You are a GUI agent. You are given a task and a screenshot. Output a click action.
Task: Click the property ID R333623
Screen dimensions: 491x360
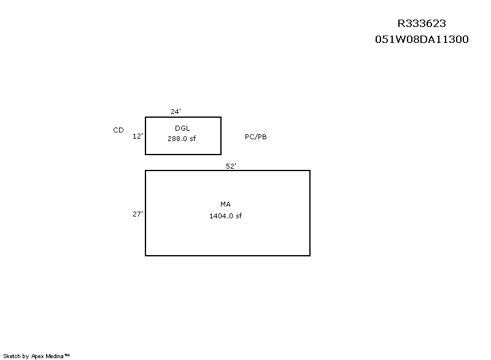(x=422, y=23)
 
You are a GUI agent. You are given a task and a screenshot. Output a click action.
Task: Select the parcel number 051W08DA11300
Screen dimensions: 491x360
(x=422, y=39)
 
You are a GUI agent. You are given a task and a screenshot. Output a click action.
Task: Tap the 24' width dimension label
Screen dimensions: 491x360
(x=176, y=112)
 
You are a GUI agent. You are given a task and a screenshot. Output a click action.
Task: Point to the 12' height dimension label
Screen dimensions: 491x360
(x=137, y=136)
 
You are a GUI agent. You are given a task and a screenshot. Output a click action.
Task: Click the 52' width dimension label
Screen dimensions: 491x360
(x=231, y=166)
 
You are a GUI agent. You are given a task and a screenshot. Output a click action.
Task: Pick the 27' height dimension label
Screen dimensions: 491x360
(x=137, y=214)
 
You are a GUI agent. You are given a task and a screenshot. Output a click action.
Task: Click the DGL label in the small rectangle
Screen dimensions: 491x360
(x=182, y=128)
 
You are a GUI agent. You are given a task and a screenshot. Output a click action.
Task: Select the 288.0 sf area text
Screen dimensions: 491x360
(x=182, y=139)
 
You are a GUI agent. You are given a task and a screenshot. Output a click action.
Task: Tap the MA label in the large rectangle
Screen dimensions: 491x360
(x=225, y=204)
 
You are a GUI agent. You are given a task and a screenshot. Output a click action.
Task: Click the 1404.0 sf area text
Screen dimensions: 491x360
(x=225, y=216)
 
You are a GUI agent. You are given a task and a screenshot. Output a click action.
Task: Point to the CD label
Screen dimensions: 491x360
(x=118, y=130)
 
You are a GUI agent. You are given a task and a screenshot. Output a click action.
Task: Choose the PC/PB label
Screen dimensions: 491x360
(x=255, y=137)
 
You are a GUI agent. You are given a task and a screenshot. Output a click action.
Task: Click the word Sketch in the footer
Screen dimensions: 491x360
(x=12, y=356)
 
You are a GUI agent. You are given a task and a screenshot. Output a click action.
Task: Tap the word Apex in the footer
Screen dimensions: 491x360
(x=37, y=356)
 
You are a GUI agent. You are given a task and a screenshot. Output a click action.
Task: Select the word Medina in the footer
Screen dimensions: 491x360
(x=55, y=356)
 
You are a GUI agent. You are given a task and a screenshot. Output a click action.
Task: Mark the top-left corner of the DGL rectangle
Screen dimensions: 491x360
(x=145, y=117)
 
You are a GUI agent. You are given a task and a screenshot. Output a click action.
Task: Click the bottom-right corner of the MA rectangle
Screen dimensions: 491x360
(x=310, y=256)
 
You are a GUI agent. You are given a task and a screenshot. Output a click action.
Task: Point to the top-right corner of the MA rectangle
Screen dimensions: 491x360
(x=310, y=170)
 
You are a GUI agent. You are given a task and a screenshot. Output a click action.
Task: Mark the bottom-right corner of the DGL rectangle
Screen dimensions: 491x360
(x=221, y=154)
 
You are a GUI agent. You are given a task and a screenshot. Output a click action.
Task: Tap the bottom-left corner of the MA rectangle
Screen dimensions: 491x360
(x=145, y=256)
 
